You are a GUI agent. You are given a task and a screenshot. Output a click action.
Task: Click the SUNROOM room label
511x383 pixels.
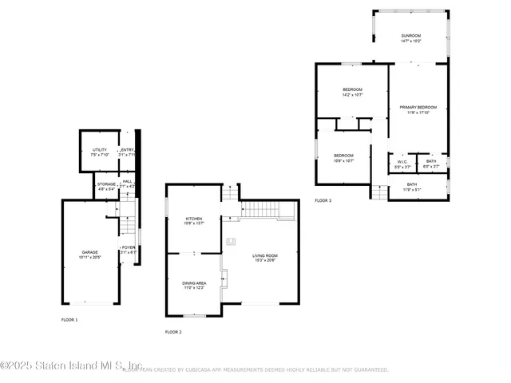[411, 36]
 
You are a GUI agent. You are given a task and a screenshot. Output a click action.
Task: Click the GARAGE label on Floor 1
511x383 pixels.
[89, 252]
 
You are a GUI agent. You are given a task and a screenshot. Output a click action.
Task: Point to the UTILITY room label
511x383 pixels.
[99, 150]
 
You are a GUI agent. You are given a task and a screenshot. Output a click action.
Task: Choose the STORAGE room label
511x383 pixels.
[106, 184]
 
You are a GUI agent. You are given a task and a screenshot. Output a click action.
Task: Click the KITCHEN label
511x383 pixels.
[194, 219]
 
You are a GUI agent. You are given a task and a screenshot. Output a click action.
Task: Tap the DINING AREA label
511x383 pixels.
[194, 283]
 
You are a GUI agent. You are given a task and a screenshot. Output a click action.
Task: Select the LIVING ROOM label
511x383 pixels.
[264, 256]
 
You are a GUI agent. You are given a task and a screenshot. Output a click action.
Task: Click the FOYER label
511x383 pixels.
[128, 248]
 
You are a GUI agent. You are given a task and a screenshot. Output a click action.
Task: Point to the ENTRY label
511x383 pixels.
[127, 150]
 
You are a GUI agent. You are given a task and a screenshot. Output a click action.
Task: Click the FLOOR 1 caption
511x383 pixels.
[69, 319]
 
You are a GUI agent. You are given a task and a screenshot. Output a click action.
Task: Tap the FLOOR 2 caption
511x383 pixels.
[173, 331]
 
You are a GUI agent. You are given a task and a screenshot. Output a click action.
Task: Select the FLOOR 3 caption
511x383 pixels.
[323, 200]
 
